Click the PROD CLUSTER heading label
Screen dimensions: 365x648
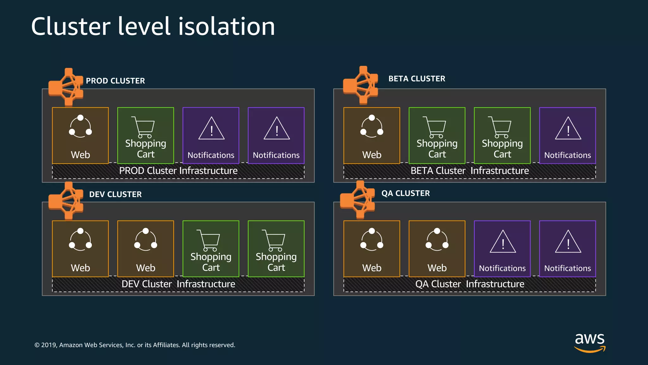point(115,81)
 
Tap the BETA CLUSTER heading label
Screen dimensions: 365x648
point(417,79)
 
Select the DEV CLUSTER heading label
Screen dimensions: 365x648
point(115,194)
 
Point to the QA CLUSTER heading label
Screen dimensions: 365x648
point(405,193)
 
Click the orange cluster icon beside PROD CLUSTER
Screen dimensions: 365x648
point(66,87)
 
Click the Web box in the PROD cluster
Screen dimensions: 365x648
point(80,136)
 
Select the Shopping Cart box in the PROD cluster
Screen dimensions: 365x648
point(146,136)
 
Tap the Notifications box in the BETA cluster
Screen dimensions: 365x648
point(567,136)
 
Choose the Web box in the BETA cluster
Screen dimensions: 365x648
point(372,136)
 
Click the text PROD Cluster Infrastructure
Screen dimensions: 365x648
point(178,171)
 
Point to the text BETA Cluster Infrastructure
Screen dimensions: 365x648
point(470,171)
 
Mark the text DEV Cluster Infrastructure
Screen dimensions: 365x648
point(178,284)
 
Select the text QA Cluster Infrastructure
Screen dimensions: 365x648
point(470,284)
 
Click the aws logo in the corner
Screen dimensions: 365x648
point(590,342)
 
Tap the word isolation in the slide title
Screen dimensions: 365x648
point(227,27)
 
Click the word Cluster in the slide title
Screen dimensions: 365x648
point(71,27)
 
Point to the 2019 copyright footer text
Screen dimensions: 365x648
point(135,345)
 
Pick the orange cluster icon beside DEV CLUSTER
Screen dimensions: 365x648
point(66,201)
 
